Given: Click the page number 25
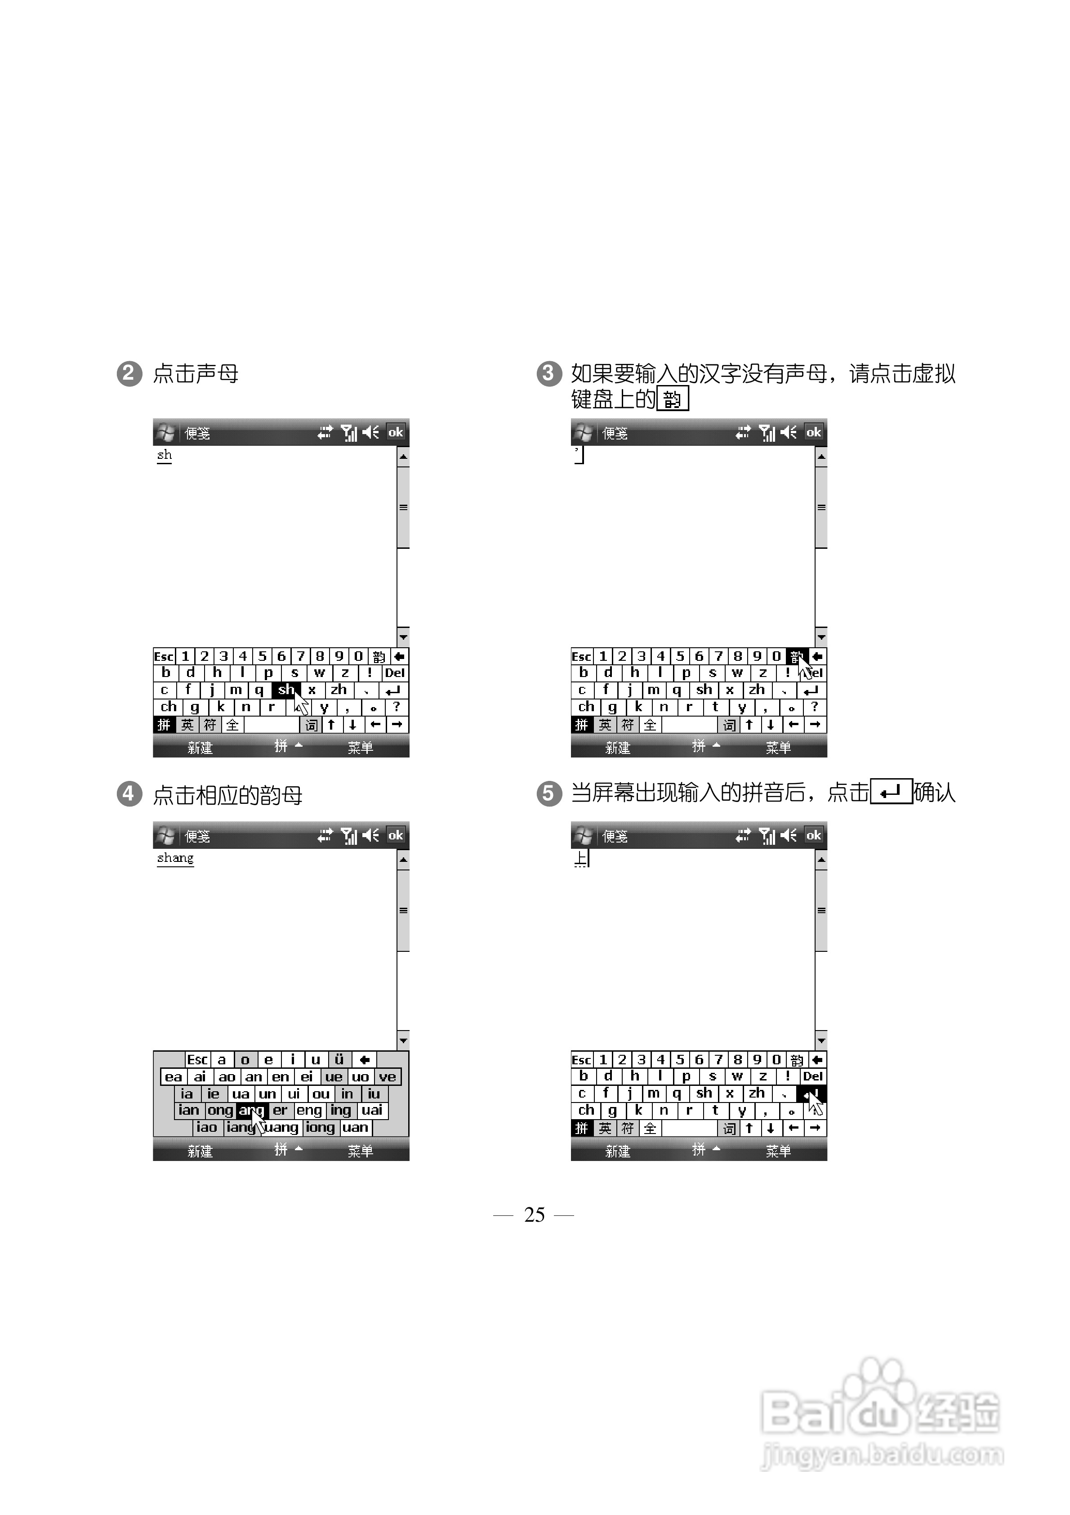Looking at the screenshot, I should pyautogui.click(x=535, y=1215).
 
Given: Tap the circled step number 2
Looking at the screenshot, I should pyautogui.click(x=129, y=373).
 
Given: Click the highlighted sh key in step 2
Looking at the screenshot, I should pyautogui.click(x=285, y=690).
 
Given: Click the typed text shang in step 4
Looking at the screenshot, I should pyautogui.click(x=175, y=858).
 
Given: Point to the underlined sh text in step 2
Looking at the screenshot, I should pyautogui.click(x=164, y=455).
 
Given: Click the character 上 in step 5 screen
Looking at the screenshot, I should pyautogui.click(x=580, y=858).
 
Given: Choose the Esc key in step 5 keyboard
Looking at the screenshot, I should pyautogui.click(x=581, y=1060).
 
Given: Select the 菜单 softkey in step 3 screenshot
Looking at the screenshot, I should pyautogui.click(x=778, y=748).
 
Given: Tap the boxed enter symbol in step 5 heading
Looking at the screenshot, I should pyautogui.click(x=891, y=791).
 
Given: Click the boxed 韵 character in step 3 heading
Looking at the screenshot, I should pyautogui.click(x=672, y=399).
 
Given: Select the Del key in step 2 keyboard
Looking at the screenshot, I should pyautogui.click(x=394, y=673).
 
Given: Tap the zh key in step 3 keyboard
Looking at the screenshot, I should pyautogui.click(x=757, y=690).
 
